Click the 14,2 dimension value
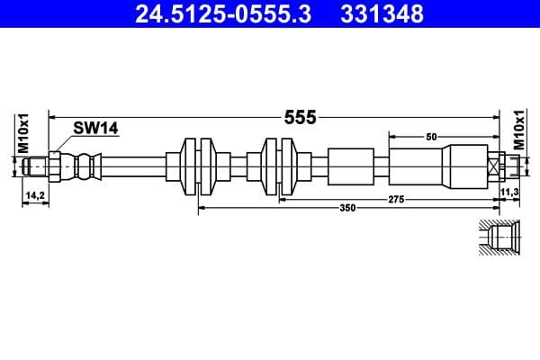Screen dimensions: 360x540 point(34,193)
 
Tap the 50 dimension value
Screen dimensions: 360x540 point(431,136)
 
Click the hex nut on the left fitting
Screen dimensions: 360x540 point(55,166)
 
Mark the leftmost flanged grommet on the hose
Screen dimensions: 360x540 point(199,166)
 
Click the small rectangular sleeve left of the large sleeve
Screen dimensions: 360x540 point(349,166)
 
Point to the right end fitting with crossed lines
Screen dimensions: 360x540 point(498,166)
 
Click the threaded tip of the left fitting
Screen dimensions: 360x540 point(35,166)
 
